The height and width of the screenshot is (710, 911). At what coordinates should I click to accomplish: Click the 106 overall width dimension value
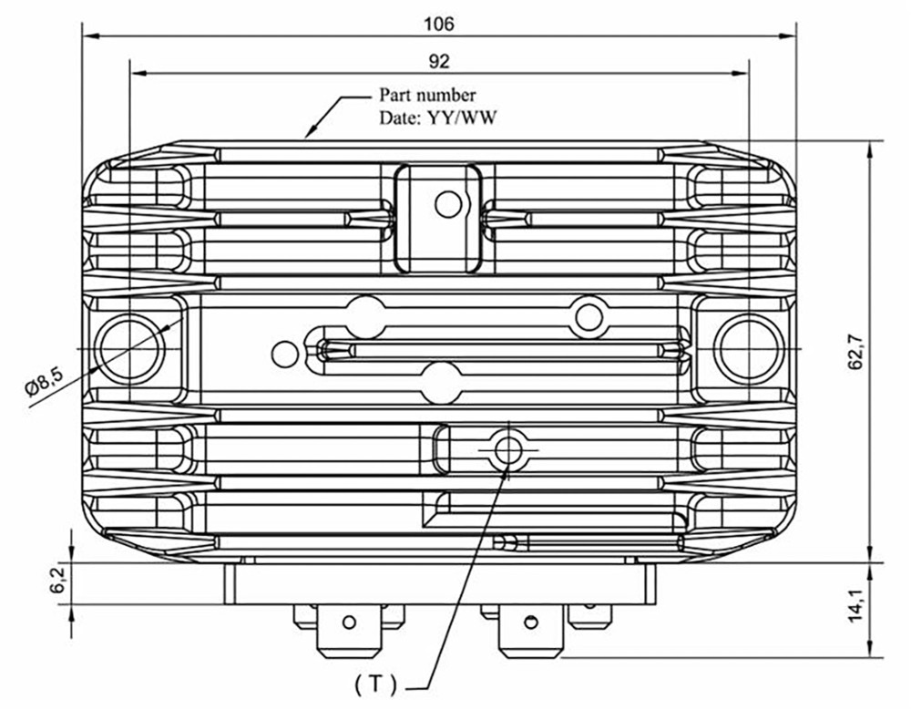point(439,24)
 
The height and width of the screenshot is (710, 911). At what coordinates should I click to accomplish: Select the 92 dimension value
point(439,61)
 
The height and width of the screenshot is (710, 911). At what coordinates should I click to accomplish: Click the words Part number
point(426,95)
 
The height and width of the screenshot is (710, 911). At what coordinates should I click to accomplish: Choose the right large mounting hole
point(749,349)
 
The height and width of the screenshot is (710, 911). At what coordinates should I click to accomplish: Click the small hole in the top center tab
point(447,204)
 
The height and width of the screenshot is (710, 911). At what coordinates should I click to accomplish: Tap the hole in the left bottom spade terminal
point(348,623)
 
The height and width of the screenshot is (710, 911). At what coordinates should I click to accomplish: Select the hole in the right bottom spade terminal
point(529,623)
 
